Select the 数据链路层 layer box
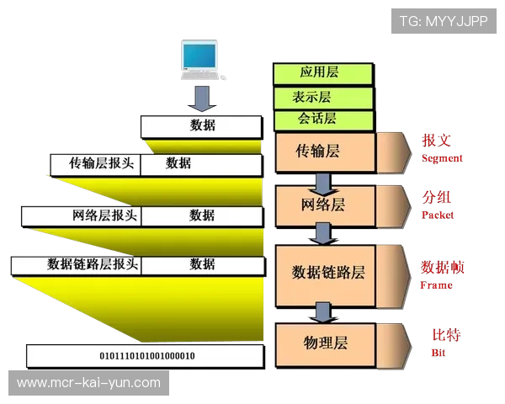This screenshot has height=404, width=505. coord(328,272)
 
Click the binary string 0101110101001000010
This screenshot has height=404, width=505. coord(147,356)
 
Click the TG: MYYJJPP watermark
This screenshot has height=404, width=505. coord(444,21)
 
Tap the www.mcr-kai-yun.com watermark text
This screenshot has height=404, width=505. coord(88,383)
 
